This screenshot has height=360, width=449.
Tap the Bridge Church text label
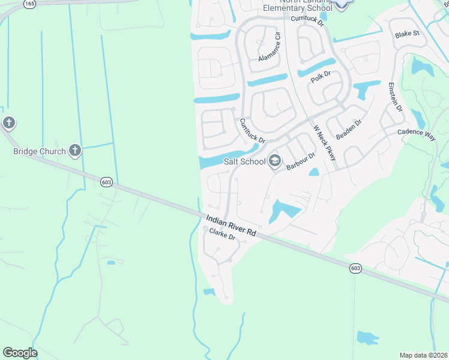39,151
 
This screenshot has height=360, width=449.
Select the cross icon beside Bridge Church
74,150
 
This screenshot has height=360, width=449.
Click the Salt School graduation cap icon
275,160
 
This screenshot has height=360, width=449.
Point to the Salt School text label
244,161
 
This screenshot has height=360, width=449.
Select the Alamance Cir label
270,47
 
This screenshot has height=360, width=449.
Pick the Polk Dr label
321,76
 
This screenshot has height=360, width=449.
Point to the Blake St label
406,34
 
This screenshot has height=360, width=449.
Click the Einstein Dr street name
394,95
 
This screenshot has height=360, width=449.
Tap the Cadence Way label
416,133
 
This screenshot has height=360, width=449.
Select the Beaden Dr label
349,130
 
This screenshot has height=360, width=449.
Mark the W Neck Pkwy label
325,143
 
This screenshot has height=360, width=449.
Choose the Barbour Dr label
301,161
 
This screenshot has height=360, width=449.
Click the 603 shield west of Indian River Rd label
106,182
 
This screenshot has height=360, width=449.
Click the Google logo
20,353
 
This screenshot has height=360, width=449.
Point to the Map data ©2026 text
424,355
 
